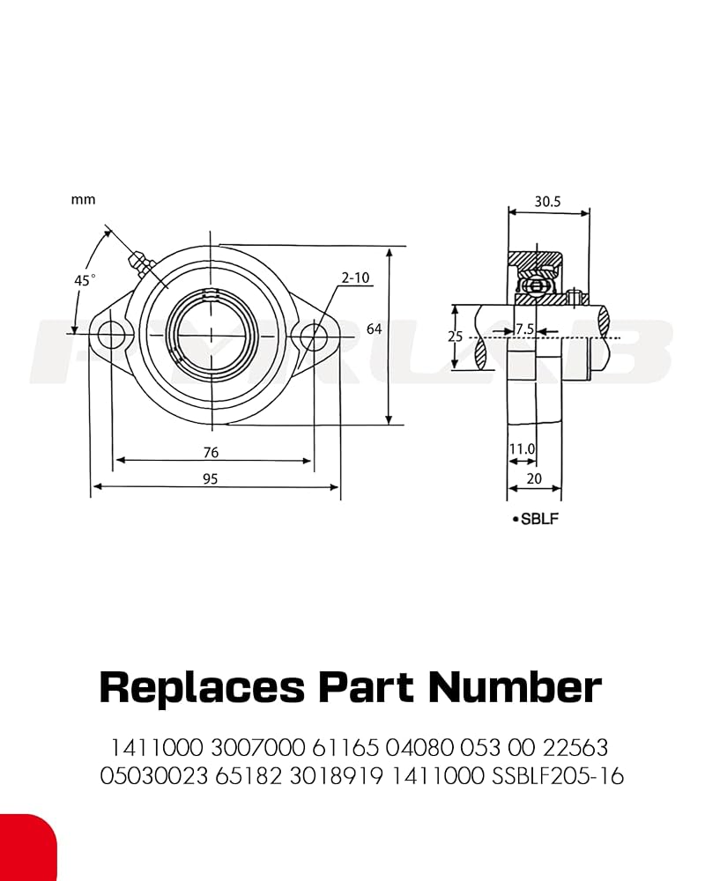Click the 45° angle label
point(85,280)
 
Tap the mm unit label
point(83,199)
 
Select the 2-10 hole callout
point(355,277)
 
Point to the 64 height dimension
point(374,329)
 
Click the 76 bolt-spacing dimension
point(211,452)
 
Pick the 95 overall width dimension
point(211,478)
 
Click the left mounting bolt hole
point(110,335)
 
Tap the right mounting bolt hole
point(313,336)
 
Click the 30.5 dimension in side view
point(547,201)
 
